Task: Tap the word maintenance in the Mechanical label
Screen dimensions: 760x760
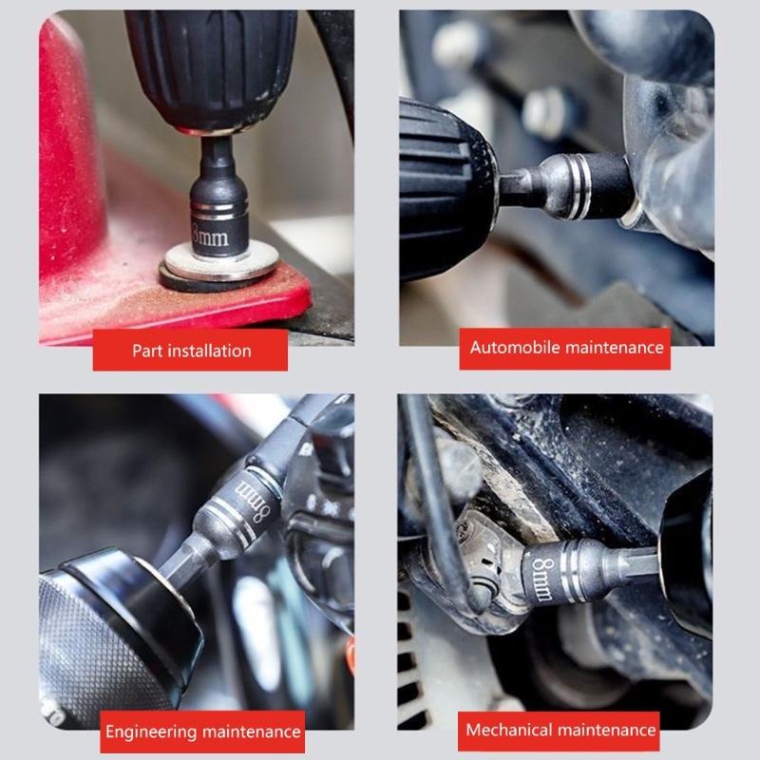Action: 609,731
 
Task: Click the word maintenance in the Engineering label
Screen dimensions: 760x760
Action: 248,732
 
